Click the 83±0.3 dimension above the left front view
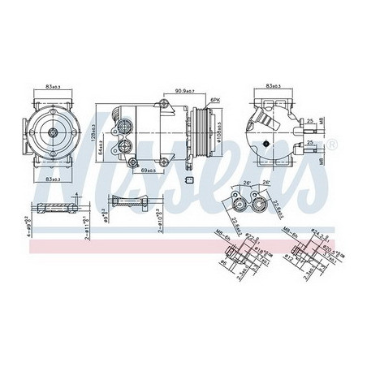coord(54,87)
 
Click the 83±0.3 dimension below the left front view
coord(54,178)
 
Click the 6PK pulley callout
coord(214,99)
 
